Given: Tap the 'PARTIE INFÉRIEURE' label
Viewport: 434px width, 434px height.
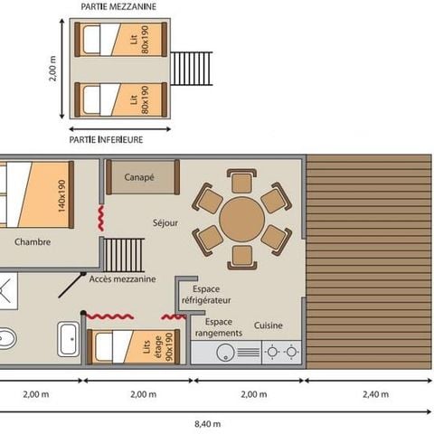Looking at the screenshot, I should [x=107, y=140].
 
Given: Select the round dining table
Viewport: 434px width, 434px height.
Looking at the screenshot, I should [x=241, y=217].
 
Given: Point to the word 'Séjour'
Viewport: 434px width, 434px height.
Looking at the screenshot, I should [x=165, y=222].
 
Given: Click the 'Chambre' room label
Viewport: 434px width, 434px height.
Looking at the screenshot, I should [x=32, y=241].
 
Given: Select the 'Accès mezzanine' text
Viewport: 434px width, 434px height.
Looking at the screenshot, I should [x=122, y=278].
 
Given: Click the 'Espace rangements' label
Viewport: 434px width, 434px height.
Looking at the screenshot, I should [x=223, y=326].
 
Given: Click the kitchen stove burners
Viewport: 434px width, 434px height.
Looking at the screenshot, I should [x=281, y=353].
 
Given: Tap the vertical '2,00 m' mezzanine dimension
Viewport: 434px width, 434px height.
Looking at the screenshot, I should [x=53, y=69].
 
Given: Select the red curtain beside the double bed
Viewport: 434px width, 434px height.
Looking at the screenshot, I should [x=99, y=219].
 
